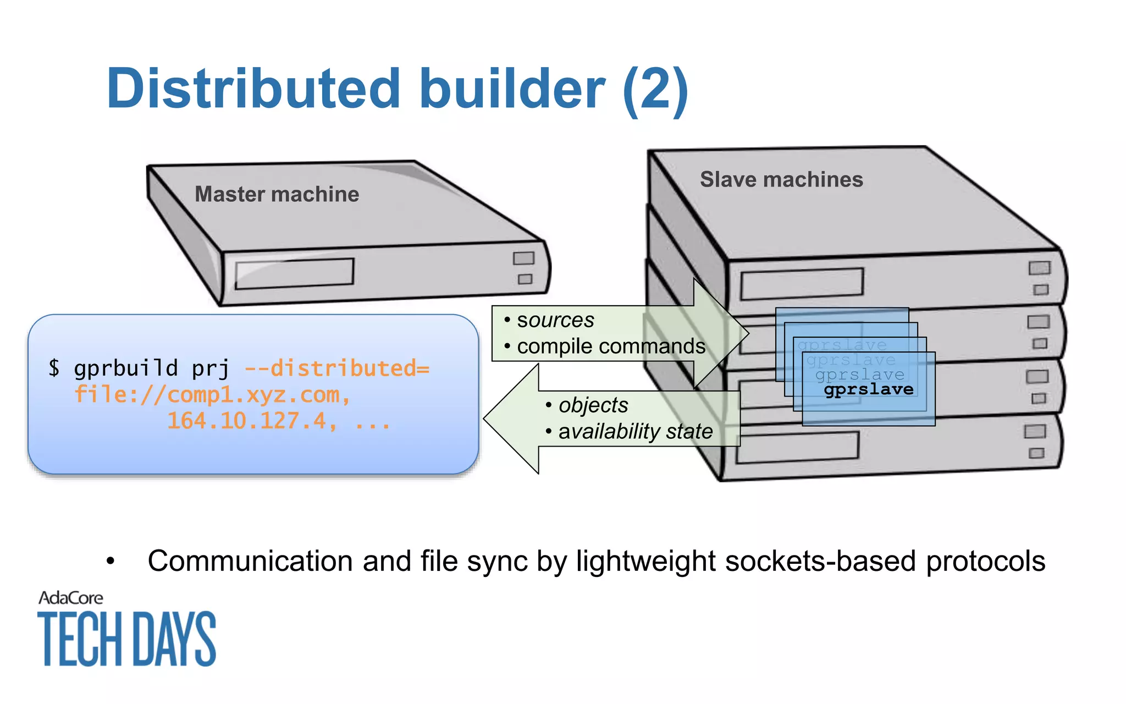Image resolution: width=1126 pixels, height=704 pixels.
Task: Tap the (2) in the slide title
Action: coord(655,90)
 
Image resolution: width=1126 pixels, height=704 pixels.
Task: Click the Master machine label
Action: coord(277,194)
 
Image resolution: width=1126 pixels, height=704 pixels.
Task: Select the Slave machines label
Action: coord(781,179)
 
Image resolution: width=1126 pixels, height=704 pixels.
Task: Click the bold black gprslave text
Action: coord(868,389)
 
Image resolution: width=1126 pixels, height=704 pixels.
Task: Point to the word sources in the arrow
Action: coord(555,320)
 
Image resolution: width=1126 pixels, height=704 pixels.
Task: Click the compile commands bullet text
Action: coord(610,346)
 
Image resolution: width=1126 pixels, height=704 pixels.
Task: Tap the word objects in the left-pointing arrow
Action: coord(593,405)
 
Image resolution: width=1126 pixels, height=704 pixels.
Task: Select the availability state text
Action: coord(635,432)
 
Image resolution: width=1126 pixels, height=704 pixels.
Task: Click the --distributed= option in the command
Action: coord(336,368)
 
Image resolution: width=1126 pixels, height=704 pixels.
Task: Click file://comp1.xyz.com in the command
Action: coord(212,395)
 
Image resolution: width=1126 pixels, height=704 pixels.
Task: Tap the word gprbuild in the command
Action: coord(126,368)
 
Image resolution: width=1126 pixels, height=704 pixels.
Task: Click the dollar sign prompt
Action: coord(53,367)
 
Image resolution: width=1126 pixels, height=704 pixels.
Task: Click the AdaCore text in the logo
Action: coord(70,598)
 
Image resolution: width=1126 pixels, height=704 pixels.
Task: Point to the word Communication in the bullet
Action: coord(250,562)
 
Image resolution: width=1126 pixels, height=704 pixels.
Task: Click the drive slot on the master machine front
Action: coord(294,273)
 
